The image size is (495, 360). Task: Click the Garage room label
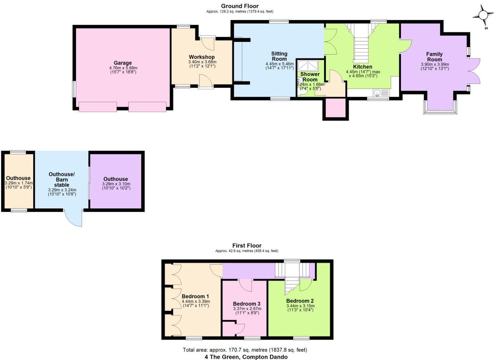point(122,63)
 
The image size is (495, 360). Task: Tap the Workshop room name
point(202,57)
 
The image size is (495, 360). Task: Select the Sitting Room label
point(279,56)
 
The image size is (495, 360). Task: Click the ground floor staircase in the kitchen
point(361,48)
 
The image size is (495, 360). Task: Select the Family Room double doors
point(474,71)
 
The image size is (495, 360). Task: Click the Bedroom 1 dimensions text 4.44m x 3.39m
point(196,302)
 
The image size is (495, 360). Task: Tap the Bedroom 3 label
point(246,304)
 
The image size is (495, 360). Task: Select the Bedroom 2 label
point(300,301)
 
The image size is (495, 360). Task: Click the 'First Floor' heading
point(247,245)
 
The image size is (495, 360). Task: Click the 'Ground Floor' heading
point(240,6)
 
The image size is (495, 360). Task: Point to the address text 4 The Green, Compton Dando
point(246,357)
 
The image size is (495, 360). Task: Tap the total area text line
point(245,350)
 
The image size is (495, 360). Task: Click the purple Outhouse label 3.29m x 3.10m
point(116,184)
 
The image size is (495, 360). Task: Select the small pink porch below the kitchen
point(335,109)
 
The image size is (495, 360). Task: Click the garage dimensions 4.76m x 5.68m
point(123,68)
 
